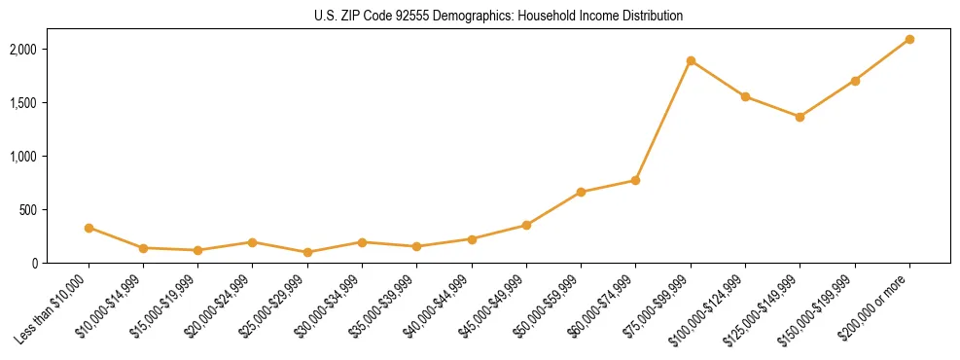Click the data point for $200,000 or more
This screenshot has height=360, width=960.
point(909,39)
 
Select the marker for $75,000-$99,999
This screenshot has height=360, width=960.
point(691,60)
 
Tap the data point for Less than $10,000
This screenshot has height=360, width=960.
point(89,228)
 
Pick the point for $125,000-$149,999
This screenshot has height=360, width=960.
point(800,117)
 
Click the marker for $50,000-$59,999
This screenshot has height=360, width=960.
point(581,192)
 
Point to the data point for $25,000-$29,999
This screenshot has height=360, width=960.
point(307,252)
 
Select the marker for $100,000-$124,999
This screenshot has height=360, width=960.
point(745,96)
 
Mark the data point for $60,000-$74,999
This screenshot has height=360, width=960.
point(635,180)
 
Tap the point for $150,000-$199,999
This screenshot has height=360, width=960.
point(855,81)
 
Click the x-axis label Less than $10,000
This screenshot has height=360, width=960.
point(57,306)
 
